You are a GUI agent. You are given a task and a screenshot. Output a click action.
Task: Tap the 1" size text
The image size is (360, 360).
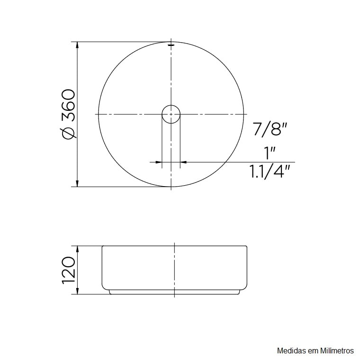[x=270, y=153]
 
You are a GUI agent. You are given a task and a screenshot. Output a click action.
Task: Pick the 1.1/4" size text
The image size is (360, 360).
[x=270, y=171]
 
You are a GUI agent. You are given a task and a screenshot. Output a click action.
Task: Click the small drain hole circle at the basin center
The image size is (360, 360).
[x=171, y=114]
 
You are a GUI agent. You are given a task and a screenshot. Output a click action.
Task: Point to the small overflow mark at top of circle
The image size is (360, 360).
[x=171, y=45]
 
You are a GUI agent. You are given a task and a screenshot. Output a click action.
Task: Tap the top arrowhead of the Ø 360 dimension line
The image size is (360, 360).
[x=77, y=45]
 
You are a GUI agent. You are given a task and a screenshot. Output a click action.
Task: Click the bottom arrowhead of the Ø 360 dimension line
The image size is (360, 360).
[x=77, y=183]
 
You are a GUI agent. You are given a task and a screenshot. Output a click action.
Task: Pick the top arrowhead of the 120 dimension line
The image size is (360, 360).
[x=77, y=248]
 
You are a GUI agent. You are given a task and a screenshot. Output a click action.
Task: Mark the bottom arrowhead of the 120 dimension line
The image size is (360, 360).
[x=77, y=291]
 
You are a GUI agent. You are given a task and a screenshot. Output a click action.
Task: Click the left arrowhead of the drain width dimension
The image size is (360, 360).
[x=159, y=162]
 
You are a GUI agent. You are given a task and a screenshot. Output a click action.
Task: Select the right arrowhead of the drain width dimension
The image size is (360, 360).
[x=184, y=162]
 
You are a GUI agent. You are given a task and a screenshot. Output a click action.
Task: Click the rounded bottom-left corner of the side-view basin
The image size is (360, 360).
[x=104, y=288]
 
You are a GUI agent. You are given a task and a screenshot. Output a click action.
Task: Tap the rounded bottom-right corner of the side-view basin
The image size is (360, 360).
[x=245, y=288]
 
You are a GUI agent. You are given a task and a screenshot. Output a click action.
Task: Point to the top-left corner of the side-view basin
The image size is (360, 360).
[x=103, y=247]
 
